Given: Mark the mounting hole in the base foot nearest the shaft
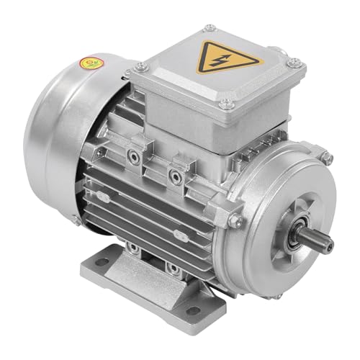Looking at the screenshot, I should point(192,310).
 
